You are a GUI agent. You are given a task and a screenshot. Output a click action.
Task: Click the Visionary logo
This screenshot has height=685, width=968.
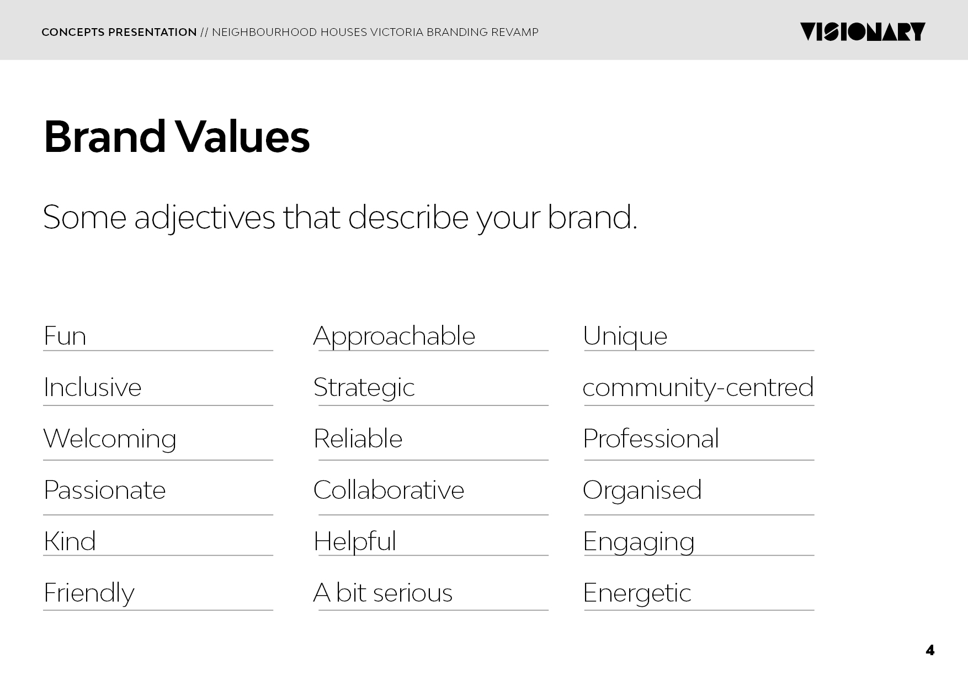pos(863,32)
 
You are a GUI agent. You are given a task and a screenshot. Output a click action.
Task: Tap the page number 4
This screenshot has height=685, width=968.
pos(930,650)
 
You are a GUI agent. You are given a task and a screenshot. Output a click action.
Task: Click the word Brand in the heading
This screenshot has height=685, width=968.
pos(105,136)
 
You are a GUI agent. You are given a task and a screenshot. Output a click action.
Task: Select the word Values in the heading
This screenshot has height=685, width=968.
pos(243,136)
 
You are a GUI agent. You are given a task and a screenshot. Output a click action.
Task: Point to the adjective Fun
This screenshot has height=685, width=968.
pos(65,336)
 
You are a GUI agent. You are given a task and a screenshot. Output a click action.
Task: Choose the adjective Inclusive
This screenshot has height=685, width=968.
pos(93,387)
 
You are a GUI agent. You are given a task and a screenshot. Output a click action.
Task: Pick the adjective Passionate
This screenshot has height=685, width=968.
pos(105,490)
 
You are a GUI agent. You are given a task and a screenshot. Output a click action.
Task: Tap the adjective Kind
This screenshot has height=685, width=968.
pos(70,541)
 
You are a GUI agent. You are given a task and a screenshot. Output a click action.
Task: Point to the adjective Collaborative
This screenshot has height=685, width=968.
pos(389,490)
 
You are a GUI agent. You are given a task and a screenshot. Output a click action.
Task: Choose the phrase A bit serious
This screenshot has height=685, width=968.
pos(383,593)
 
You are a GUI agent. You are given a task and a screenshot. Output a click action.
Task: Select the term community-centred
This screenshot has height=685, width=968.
pos(698,388)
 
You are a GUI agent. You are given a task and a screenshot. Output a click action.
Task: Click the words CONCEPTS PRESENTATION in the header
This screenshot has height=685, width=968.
pos(119,32)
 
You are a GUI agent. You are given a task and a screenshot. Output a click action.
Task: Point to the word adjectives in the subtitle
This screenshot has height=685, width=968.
pos(205,218)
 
